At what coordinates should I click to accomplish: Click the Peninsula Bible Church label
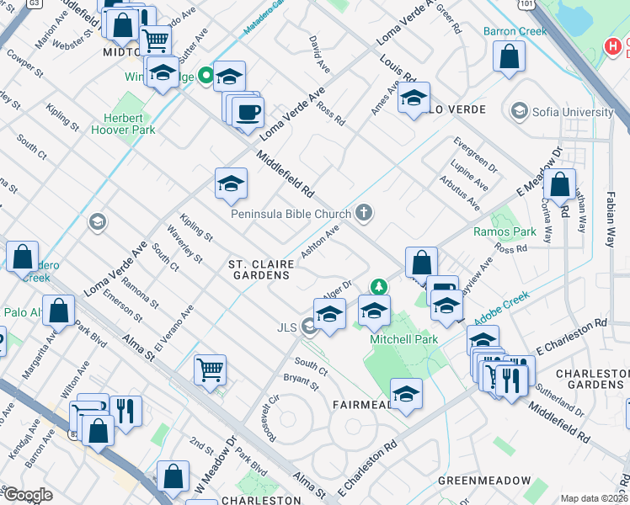coord(291,214)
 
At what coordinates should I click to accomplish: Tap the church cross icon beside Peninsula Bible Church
coord(364,212)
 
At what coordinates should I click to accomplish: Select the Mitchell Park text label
coord(403,339)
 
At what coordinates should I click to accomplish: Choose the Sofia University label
coord(573,112)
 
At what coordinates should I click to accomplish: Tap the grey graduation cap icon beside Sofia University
coord(519,111)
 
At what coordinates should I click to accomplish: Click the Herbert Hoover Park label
coord(129,125)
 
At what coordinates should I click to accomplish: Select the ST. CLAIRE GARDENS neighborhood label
coord(259,269)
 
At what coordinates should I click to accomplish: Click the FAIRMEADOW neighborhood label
coord(361,405)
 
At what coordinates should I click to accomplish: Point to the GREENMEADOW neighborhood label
coord(484,481)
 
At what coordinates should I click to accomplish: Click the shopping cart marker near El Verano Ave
coord(210,369)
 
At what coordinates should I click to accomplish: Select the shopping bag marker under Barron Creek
coord(510,57)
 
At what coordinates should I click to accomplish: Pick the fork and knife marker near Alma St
coord(125,411)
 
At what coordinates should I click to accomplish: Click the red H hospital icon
coord(613,45)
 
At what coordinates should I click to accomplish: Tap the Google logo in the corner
coord(27,496)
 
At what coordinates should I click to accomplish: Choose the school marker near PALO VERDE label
coord(414,98)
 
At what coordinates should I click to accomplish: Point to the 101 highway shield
coord(526,4)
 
